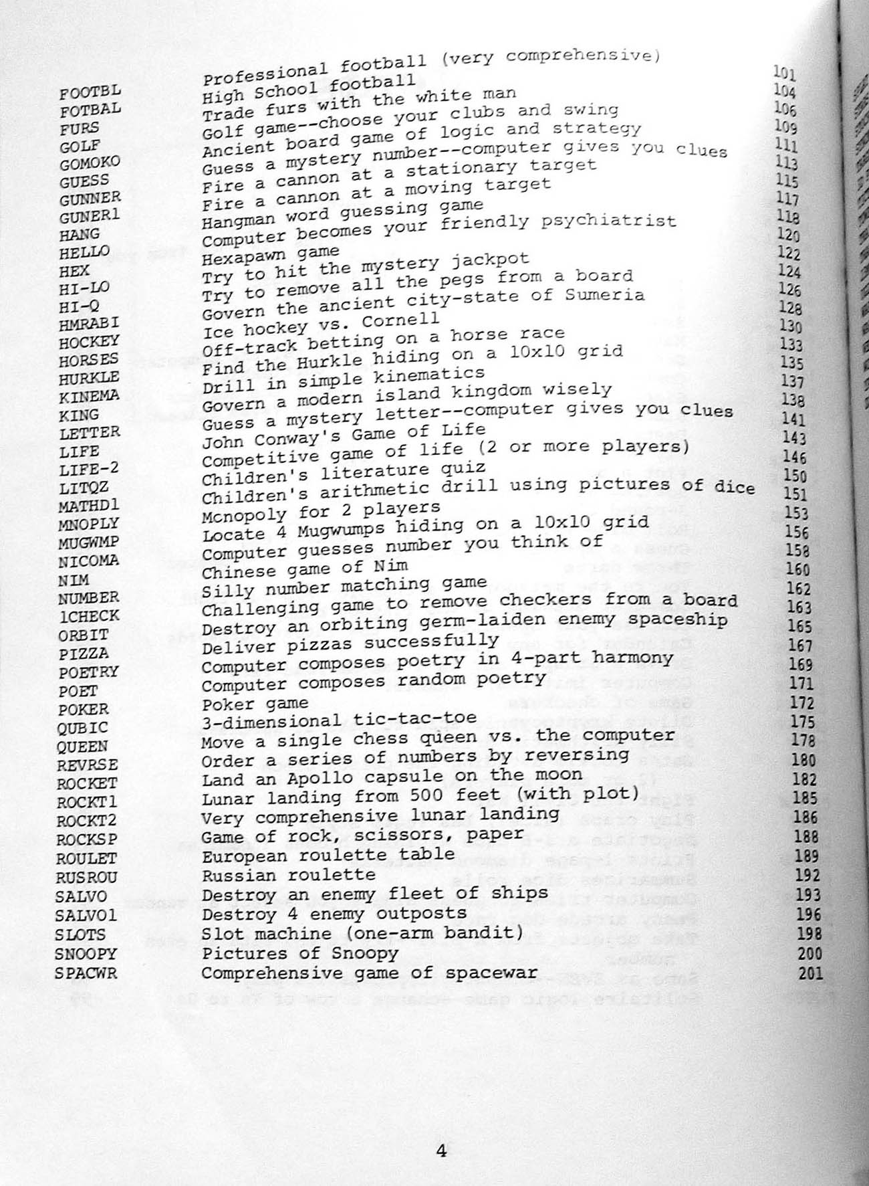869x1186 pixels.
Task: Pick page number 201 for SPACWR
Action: [811, 973]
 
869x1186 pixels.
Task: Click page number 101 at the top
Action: [784, 72]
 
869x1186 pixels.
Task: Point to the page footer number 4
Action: [441, 1094]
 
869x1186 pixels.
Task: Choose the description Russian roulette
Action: [289, 875]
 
